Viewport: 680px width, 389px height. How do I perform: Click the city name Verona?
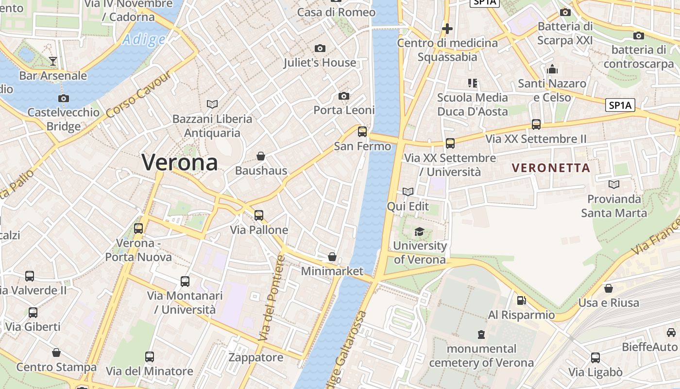[x=180, y=162]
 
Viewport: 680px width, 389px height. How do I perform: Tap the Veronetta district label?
[x=551, y=168]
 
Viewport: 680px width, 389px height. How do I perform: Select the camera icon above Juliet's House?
[x=320, y=48]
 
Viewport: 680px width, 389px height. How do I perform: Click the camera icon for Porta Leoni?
[x=344, y=96]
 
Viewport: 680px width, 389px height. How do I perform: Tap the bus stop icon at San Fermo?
[x=362, y=131]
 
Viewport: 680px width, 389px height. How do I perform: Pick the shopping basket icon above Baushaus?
[x=261, y=156]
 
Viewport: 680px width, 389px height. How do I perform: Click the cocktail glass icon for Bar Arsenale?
[x=53, y=61]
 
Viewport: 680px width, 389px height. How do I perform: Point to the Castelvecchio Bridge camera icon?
[x=63, y=98]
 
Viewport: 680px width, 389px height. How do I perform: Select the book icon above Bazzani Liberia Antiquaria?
[x=212, y=104]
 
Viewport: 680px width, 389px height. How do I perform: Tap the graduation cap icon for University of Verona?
[x=419, y=231]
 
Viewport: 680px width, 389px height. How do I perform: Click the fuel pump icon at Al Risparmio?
[x=521, y=301]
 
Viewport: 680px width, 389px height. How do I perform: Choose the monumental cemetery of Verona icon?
[x=481, y=334]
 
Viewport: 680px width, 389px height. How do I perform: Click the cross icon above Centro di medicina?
[x=447, y=29]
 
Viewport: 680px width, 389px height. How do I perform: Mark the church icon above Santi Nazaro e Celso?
[x=552, y=70]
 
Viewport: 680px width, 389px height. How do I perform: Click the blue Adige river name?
[x=144, y=39]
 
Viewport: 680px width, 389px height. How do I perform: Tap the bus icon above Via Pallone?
[x=259, y=215]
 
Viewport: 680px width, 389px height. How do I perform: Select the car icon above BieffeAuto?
[x=671, y=333]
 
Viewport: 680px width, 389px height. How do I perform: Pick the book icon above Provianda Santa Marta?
[x=614, y=185]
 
